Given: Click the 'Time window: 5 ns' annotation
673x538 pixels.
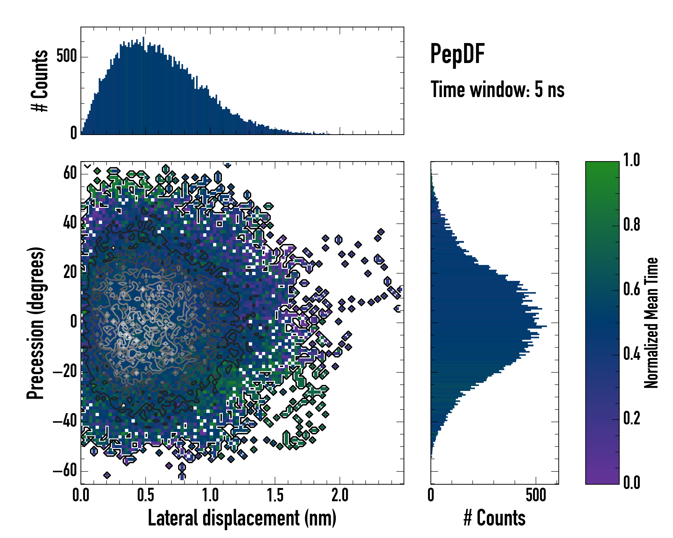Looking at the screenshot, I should pos(497,89).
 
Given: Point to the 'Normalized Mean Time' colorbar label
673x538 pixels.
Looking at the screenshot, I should pos(651,323).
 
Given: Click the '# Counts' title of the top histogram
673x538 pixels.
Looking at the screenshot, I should pos(40,81).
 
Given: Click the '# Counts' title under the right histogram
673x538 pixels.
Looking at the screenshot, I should pos(494,518).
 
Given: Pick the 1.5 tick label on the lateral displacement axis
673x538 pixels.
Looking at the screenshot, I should pos(275,495).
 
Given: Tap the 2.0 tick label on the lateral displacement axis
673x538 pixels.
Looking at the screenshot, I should pos(340,495).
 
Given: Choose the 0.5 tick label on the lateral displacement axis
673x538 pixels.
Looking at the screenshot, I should pos(145,495).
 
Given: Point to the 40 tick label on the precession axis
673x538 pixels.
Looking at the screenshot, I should pos(70,223).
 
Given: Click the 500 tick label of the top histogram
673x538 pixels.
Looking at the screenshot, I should pos(66,57).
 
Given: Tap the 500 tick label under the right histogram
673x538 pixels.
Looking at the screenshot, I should pos(536,495).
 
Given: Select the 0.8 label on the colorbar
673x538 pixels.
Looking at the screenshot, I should pos(631,225).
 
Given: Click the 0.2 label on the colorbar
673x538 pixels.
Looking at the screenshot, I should pos(631,418).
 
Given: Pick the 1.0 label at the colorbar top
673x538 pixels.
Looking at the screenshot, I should pos(631,160).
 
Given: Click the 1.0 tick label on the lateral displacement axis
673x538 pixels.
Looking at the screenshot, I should pos(210,495).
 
